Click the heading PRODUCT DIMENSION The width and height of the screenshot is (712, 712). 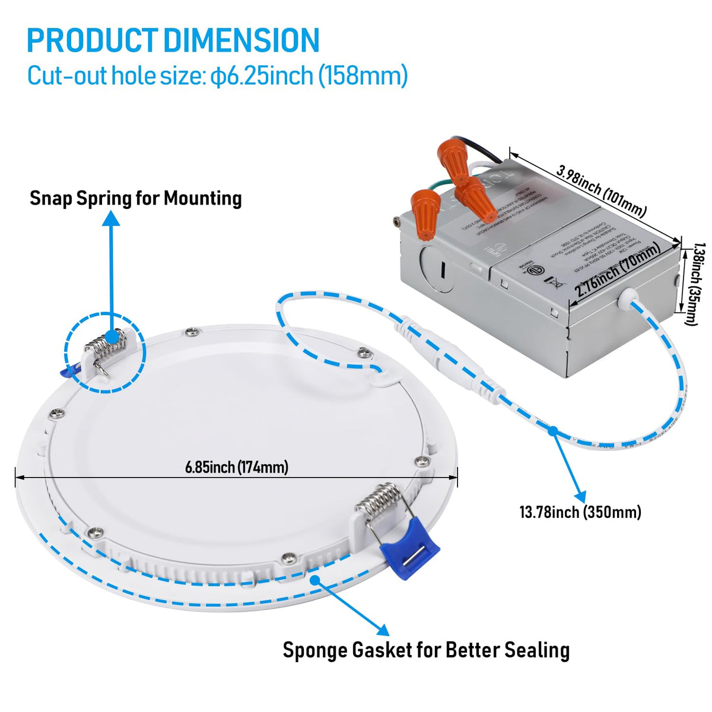coord(173,40)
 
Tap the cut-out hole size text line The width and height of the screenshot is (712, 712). coord(217,76)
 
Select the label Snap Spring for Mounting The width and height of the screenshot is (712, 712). coord(135,198)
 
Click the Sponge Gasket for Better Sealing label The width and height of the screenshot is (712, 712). coord(425,650)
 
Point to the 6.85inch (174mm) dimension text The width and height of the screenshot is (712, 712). coord(236,467)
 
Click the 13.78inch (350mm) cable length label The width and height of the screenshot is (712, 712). coord(580,511)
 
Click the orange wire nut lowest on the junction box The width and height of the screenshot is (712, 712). coord(424,212)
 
